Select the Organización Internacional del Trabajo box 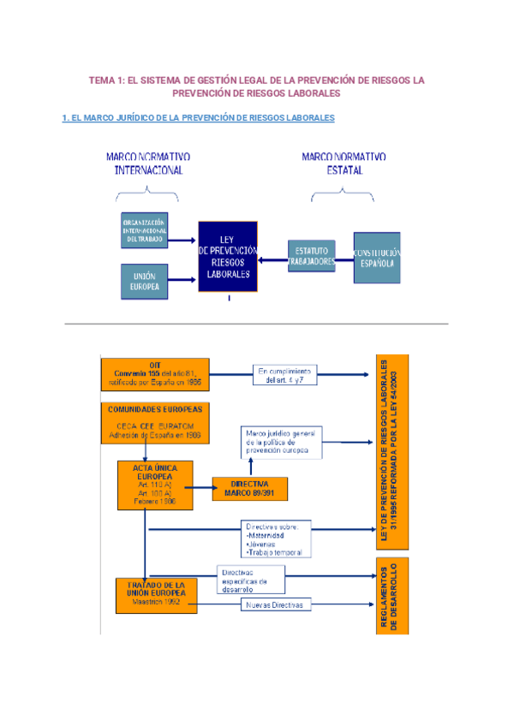tap(144, 230)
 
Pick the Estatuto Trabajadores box tap(311, 254)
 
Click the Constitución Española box tap(377, 258)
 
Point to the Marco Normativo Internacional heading tap(148, 164)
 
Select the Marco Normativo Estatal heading tap(344, 164)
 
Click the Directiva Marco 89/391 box tap(249, 488)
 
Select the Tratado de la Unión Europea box tap(156, 595)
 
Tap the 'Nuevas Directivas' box tap(273, 605)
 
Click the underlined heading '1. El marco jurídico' tap(199, 117)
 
